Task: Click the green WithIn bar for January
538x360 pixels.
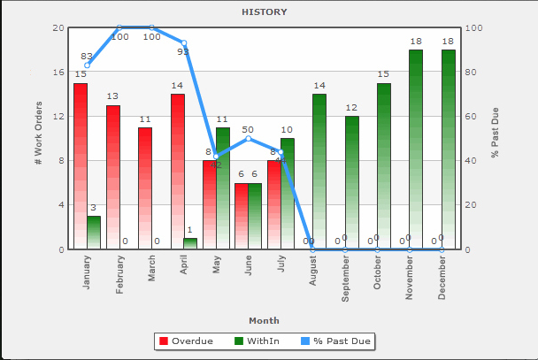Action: (94, 233)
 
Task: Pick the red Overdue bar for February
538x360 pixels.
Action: (113, 177)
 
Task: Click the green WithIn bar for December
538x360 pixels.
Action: (448, 149)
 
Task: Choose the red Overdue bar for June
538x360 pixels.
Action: (242, 216)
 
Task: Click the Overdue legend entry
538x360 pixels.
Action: (186, 341)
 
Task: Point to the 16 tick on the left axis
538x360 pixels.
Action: (58, 72)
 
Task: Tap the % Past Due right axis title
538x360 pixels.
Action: (496, 138)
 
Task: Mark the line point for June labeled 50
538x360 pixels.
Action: (249, 139)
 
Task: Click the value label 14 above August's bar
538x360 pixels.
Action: (319, 86)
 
